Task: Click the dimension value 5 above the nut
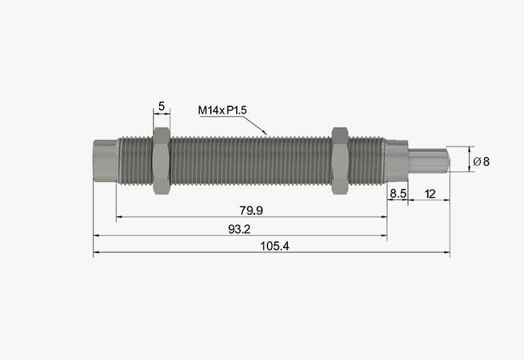tap(162, 106)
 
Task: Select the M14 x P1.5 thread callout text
tap(222, 110)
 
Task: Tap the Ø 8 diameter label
tap(481, 162)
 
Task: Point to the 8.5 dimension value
tap(398, 194)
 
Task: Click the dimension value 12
tap(430, 194)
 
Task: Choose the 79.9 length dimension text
tap(251, 211)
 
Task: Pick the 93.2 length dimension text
tap(239, 229)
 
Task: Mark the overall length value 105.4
tap(275, 246)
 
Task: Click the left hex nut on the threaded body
tap(162, 161)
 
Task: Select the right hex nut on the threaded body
tap(340, 161)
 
